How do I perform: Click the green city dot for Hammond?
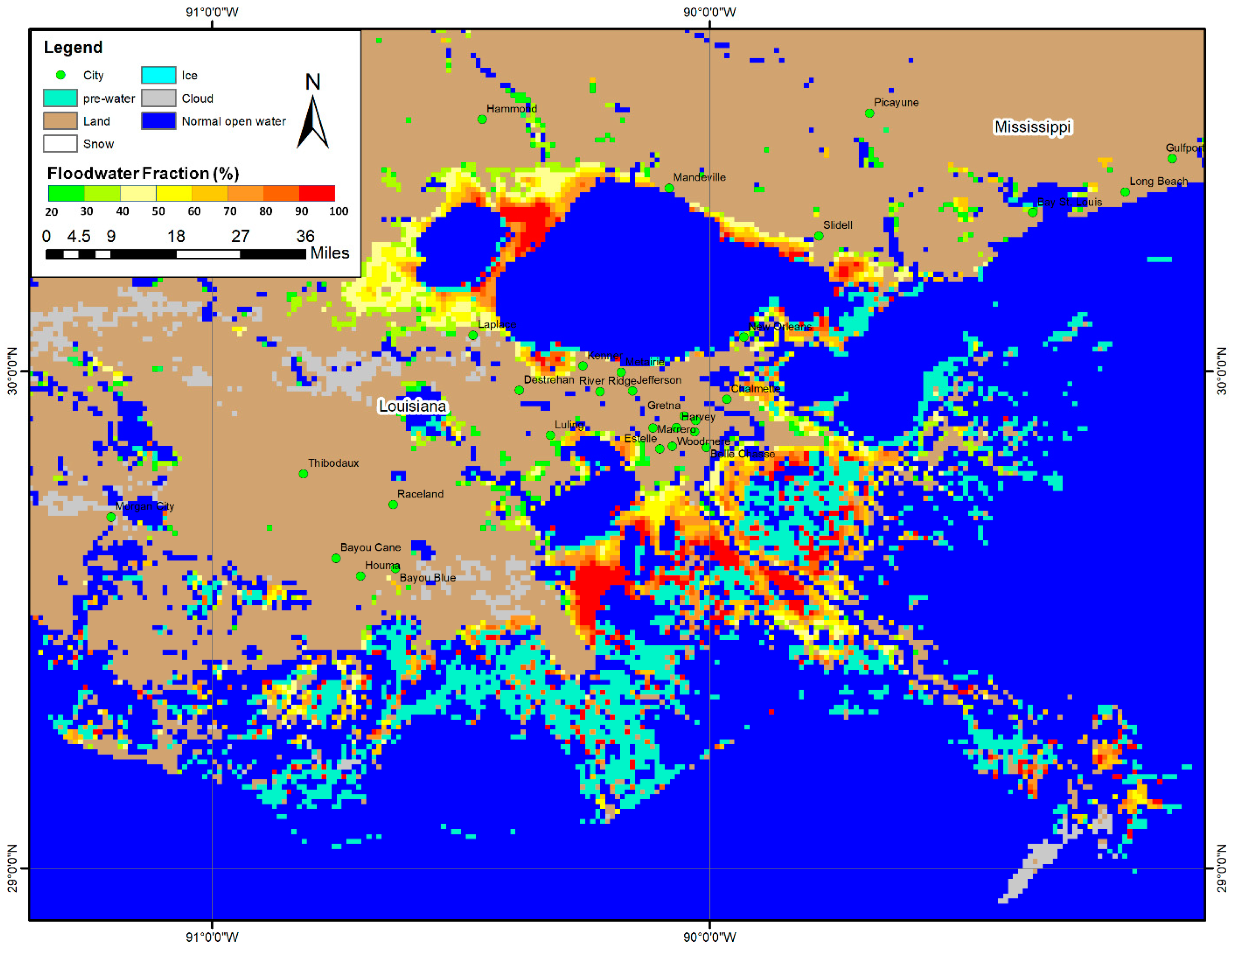coord(482,120)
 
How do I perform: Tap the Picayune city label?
coord(896,103)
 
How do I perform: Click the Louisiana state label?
coord(412,406)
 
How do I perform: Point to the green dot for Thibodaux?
coord(303,473)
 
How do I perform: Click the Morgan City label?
coord(145,506)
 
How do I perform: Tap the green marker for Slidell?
coord(818,236)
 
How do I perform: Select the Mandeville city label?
coord(699,177)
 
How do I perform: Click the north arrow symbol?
coord(313,122)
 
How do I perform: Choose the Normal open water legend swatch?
coord(158,121)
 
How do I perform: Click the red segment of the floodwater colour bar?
coord(317,193)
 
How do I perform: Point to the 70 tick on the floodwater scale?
coord(230,211)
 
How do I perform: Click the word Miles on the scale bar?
coord(330,253)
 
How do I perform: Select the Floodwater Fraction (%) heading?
coord(143,173)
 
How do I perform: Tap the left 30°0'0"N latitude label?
coord(12,371)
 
